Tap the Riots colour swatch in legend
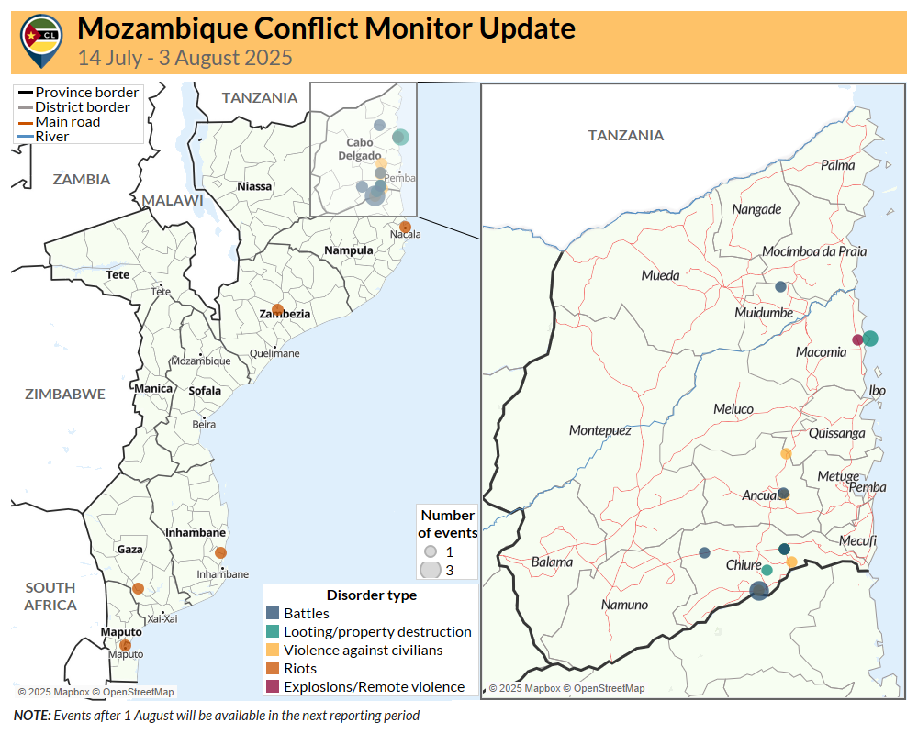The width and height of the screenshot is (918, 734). [x=272, y=668]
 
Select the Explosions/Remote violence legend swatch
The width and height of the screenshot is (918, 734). [x=272, y=686]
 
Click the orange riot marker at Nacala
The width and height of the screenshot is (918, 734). [x=405, y=227]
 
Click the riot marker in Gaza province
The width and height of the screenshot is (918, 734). [x=138, y=588]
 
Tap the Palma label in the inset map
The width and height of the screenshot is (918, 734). [x=837, y=165]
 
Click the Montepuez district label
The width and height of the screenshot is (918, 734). [x=599, y=429]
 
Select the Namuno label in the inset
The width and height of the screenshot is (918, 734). [x=624, y=605]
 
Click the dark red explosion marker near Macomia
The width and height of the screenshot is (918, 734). [x=857, y=339]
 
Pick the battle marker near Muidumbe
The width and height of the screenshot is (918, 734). [x=780, y=287]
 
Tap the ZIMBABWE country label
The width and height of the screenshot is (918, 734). [x=64, y=394]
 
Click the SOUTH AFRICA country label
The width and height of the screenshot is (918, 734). [x=50, y=596]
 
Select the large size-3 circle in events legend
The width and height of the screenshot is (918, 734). [x=430, y=570]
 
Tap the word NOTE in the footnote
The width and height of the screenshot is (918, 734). [x=32, y=715]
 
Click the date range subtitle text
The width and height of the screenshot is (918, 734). [x=185, y=58]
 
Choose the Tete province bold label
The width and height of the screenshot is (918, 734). [x=118, y=274]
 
